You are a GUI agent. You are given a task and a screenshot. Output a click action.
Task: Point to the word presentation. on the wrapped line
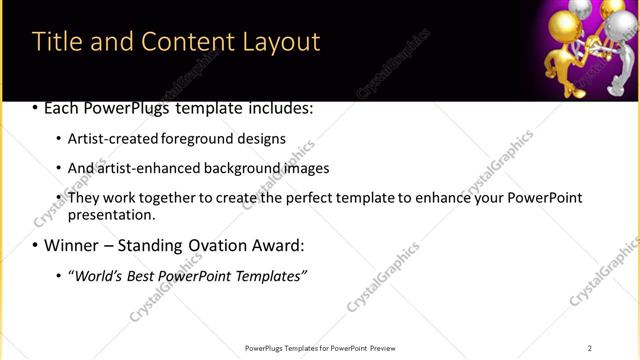(x=111, y=215)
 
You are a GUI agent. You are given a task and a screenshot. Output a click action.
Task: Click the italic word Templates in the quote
(x=269, y=275)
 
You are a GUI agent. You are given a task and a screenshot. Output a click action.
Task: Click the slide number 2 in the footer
(x=590, y=348)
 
